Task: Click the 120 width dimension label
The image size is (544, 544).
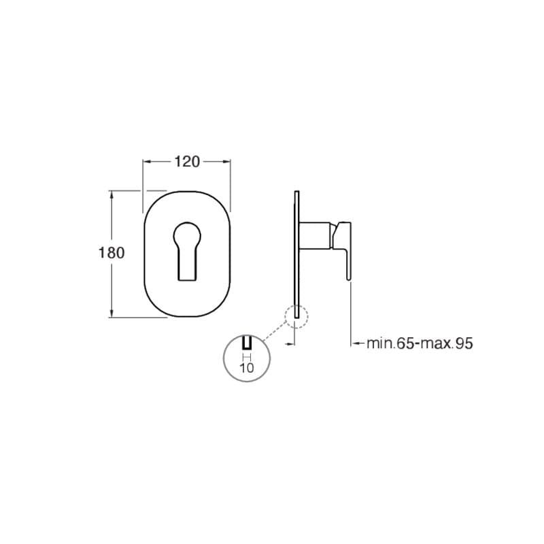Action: pyautogui.click(x=187, y=162)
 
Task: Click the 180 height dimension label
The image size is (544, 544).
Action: pyautogui.click(x=112, y=253)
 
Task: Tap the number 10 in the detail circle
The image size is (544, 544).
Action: pyautogui.click(x=247, y=368)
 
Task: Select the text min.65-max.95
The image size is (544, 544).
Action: pyautogui.click(x=420, y=343)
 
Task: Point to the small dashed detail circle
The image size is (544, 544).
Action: pyautogui.click(x=296, y=316)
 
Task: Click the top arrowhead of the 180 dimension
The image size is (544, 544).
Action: pyautogui.click(x=112, y=195)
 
